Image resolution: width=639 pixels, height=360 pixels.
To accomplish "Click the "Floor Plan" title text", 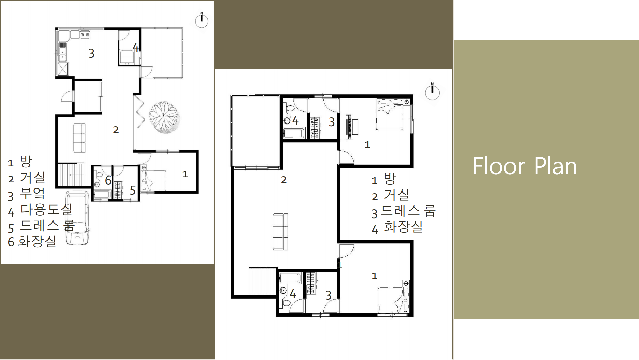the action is click(525, 166).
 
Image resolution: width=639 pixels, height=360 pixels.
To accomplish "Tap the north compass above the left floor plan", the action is click(202, 20).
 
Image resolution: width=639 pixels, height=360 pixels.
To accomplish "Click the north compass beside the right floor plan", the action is click(432, 92).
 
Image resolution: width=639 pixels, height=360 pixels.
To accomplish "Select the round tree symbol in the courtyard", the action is click(164, 117).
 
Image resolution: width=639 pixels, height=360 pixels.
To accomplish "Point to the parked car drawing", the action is click(78, 218).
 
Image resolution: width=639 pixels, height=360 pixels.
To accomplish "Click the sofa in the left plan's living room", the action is click(79, 138).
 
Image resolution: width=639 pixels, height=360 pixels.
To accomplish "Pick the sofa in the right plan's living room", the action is click(280, 232).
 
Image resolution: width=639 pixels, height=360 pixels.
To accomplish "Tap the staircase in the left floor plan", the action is click(71, 174).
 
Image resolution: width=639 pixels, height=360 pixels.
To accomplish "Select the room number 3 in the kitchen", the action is click(91, 53).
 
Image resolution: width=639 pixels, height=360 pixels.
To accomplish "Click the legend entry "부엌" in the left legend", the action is click(32, 193).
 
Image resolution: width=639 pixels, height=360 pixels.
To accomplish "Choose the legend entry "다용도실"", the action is click(46, 209).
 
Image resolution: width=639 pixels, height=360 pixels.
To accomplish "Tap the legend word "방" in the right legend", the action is click(390, 179).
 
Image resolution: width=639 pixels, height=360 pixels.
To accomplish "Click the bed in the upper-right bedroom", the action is click(390, 114).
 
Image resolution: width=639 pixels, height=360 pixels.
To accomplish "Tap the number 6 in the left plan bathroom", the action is click(108, 180).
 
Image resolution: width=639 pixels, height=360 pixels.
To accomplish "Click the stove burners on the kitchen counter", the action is click(85, 35).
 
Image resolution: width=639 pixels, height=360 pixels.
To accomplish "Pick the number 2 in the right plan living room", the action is click(284, 180).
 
